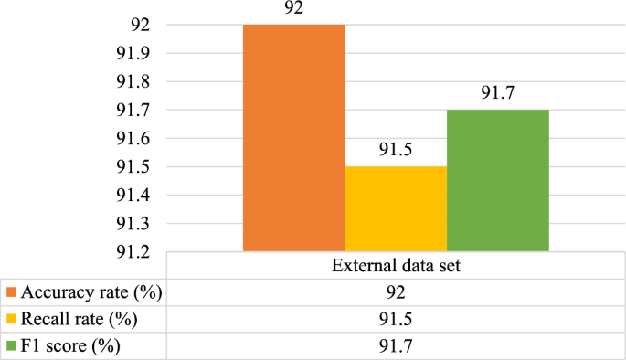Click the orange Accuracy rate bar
[x=293, y=137]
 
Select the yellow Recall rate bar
[x=396, y=208]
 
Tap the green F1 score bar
[x=498, y=180]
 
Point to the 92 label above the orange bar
[x=293, y=10]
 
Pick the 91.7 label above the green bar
[x=498, y=94]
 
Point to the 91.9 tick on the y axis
[x=130, y=54]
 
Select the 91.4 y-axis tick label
[x=130, y=195]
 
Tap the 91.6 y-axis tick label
[x=130, y=138]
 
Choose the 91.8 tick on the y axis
[x=130, y=82]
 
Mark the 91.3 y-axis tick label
[x=130, y=223]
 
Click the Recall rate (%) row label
[x=73, y=321]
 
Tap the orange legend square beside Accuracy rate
[x=12, y=293]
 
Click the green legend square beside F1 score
[x=12, y=346]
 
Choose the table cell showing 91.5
[x=396, y=321]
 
